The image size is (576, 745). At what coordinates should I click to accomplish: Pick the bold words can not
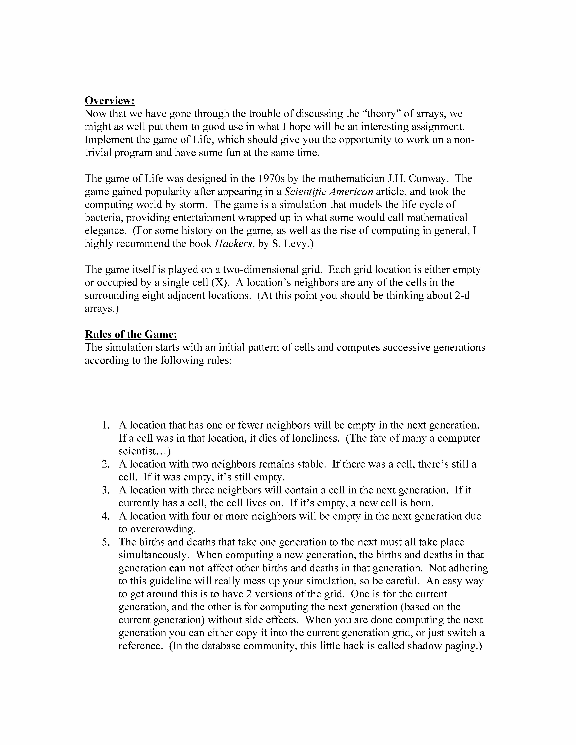pyautogui.click(x=187, y=568)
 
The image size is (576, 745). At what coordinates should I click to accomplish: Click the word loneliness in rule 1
pyautogui.click(x=316, y=438)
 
